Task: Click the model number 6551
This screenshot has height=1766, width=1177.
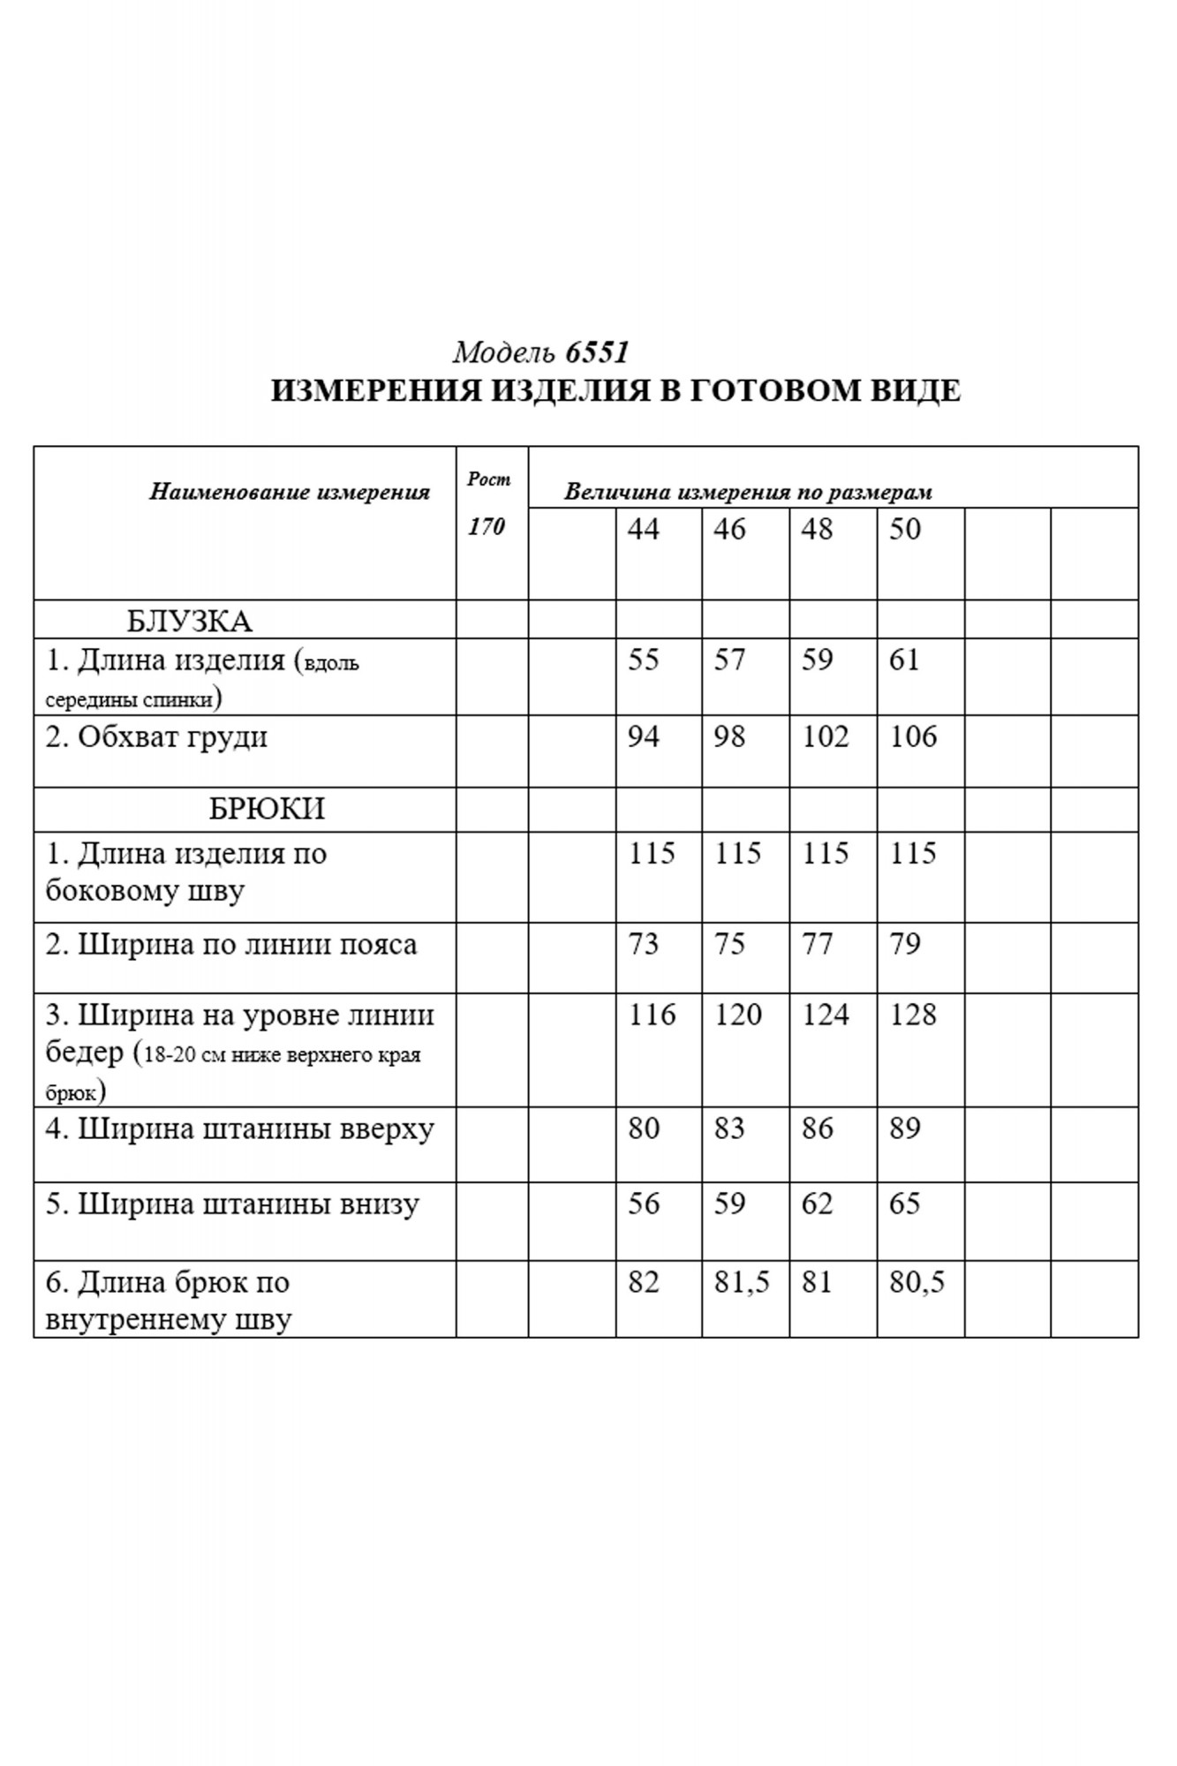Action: point(597,352)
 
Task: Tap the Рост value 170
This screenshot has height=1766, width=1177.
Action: point(487,526)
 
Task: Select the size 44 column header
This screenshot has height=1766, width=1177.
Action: point(643,529)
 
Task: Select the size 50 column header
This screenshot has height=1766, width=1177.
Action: point(905,529)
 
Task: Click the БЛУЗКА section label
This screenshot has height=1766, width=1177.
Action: point(190,621)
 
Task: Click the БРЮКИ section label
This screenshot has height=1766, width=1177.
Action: point(267,809)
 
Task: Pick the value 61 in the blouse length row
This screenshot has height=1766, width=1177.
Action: point(904,660)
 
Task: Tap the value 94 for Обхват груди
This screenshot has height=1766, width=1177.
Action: point(643,736)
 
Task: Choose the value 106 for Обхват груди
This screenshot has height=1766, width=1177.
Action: point(913,736)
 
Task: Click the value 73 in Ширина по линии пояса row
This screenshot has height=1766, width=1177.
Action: point(643,944)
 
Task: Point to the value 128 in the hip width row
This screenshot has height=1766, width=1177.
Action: point(913,1015)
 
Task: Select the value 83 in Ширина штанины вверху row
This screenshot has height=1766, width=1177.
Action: point(729,1128)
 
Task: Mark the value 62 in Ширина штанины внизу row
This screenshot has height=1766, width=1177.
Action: point(817,1204)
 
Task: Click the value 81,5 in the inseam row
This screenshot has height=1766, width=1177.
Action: point(742,1282)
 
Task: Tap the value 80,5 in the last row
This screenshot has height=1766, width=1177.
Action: point(917,1282)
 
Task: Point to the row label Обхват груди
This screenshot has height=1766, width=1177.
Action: point(156,737)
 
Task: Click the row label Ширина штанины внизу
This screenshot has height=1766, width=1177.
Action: point(232,1204)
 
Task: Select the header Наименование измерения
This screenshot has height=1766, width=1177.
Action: point(289,492)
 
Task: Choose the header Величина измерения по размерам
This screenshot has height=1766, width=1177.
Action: point(748,492)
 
